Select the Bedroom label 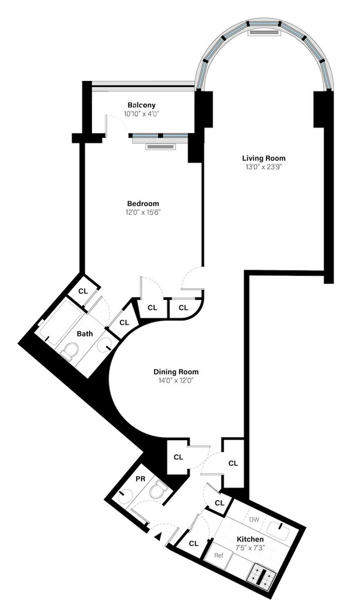pos(143,204)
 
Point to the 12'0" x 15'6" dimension pos(143,213)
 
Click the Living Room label pos(263,158)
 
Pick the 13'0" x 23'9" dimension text pos(263,166)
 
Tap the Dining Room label pos(176,371)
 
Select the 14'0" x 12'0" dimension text pos(176,381)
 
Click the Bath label pos(85,334)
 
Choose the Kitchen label pos(250,539)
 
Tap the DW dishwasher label pos(254,519)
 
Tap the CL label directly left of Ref pos(194,543)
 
